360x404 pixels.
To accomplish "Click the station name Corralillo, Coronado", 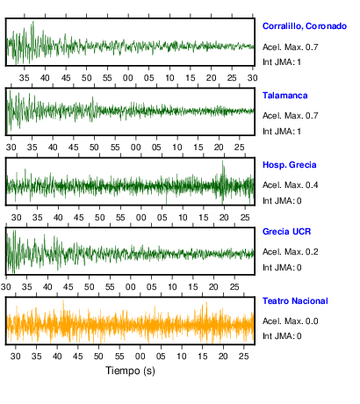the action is (305, 26).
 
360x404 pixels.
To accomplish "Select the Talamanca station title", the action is (284, 96).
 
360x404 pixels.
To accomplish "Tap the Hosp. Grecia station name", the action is (289, 165).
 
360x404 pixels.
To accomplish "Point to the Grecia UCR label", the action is (286, 232).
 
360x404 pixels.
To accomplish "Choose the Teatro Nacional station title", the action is (295, 301).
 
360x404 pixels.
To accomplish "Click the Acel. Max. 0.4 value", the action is (290, 185).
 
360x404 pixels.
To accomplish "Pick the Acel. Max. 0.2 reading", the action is (290, 252).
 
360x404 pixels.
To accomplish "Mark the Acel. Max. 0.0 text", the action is (290, 321).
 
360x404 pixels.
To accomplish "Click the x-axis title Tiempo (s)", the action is (130, 371).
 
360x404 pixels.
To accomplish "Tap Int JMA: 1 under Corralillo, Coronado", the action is (282, 62).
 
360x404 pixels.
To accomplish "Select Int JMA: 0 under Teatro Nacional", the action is (282, 335).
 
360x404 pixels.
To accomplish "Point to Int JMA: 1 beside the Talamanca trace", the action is (282, 132).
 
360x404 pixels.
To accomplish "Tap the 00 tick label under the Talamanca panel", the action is (135, 148).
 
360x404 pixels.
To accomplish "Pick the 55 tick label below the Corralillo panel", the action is (107, 78).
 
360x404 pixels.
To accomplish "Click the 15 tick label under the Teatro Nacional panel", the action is (202, 357).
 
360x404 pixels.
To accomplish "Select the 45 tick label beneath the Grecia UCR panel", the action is (68, 287).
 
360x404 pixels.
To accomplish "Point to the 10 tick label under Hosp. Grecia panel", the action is (183, 218).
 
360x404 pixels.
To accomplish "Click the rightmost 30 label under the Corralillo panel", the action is (253, 78).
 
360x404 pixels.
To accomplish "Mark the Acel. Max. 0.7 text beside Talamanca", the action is (290, 116).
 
